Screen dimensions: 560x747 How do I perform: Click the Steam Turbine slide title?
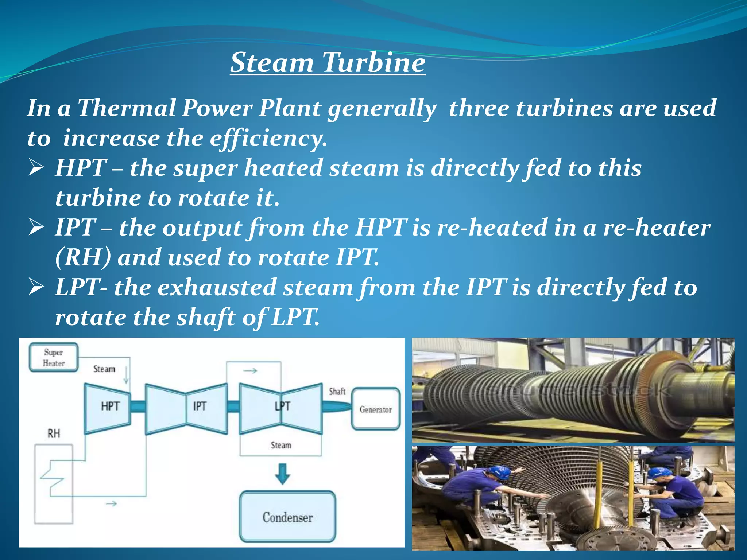pyautogui.click(x=328, y=63)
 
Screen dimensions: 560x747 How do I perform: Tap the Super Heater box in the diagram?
pyautogui.click(x=54, y=358)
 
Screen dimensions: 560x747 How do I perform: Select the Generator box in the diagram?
pyautogui.click(x=376, y=409)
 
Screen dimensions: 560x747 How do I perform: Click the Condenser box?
pyautogui.click(x=287, y=517)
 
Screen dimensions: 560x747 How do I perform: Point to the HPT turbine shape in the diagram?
pyautogui.click(x=108, y=408)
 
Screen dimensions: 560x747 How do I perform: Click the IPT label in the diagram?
pyautogui.click(x=200, y=406)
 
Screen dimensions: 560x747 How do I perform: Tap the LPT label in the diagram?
pyautogui.click(x=282, y=406)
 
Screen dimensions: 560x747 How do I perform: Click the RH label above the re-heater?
pyautogui.click(x=54, y=433)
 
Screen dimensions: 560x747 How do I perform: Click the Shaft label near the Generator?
pyautogui.click(x=337, y=392)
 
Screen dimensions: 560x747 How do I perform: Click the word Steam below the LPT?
pyautogui.click(x=281, y=445)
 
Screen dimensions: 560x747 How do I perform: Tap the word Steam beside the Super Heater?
pyautogui.click(x=104, y=369)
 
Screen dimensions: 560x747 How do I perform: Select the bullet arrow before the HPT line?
pyautogui.click(x=36, y=168)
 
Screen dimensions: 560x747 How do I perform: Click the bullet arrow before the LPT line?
pyautogui.click(x=36, y=288)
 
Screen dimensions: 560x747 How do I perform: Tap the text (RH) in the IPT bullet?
pyautogui.click(x=83, y=257)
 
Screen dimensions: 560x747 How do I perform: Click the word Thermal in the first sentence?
pyautogui.click(x=127, y=108)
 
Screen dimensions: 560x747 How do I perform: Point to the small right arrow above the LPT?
pyautogui.click(x=250, y=371)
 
